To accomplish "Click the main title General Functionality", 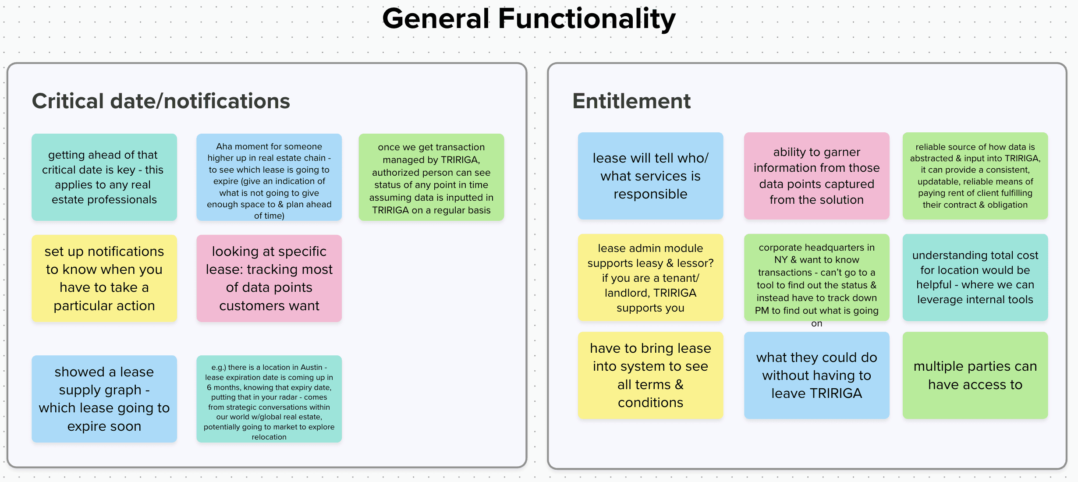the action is tap(529, 19).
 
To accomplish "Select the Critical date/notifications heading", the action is tap(161, 101).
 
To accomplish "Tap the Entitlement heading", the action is tap(631, 101).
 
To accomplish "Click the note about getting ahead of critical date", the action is tap(104, 177).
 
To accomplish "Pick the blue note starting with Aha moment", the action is tap(269, 177).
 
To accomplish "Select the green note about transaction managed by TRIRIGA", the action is tap(431, 177).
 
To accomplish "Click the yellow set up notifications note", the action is tap(104, 278).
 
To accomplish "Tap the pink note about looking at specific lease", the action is tap(269, 278).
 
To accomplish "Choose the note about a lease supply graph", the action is tap(104, 399).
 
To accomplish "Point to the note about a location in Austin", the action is tap(269, 399).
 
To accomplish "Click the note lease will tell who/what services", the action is tap(650, 176).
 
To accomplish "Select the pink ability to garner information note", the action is tap(816, 176).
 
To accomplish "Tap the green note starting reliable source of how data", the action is tap(975, 176).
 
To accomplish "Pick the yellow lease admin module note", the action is tap(650, 278).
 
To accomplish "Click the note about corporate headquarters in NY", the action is tap(816, 278).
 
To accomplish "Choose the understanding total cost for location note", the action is tap(975, 277).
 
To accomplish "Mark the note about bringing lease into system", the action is tap(650, 375).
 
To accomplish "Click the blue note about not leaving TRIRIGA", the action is tap(816, 375).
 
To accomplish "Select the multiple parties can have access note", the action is tap(975, 375).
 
